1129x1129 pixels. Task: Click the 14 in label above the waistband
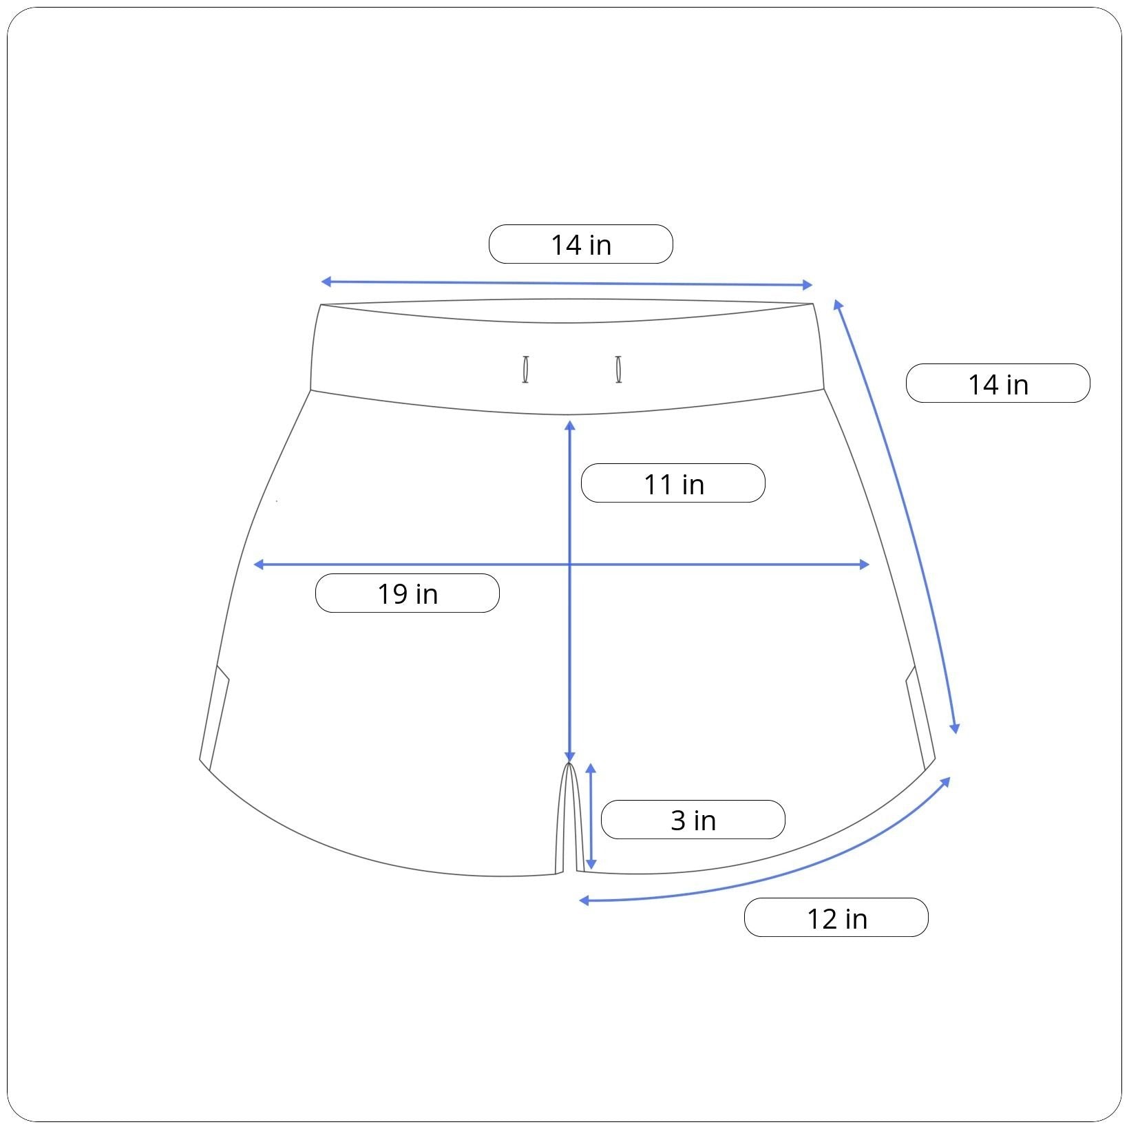click(x=580, y=244)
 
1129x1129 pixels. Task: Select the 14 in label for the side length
click(x=998, y=383)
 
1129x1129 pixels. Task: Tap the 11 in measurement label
click(x=673, y=483)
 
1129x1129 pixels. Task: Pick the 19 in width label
click(x=407, y=593)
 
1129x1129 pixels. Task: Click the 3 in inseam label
click(x=693, y=820)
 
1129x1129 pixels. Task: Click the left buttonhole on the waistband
click(x=525, y=370)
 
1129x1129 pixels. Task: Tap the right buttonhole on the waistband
click(x=619, y=370)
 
